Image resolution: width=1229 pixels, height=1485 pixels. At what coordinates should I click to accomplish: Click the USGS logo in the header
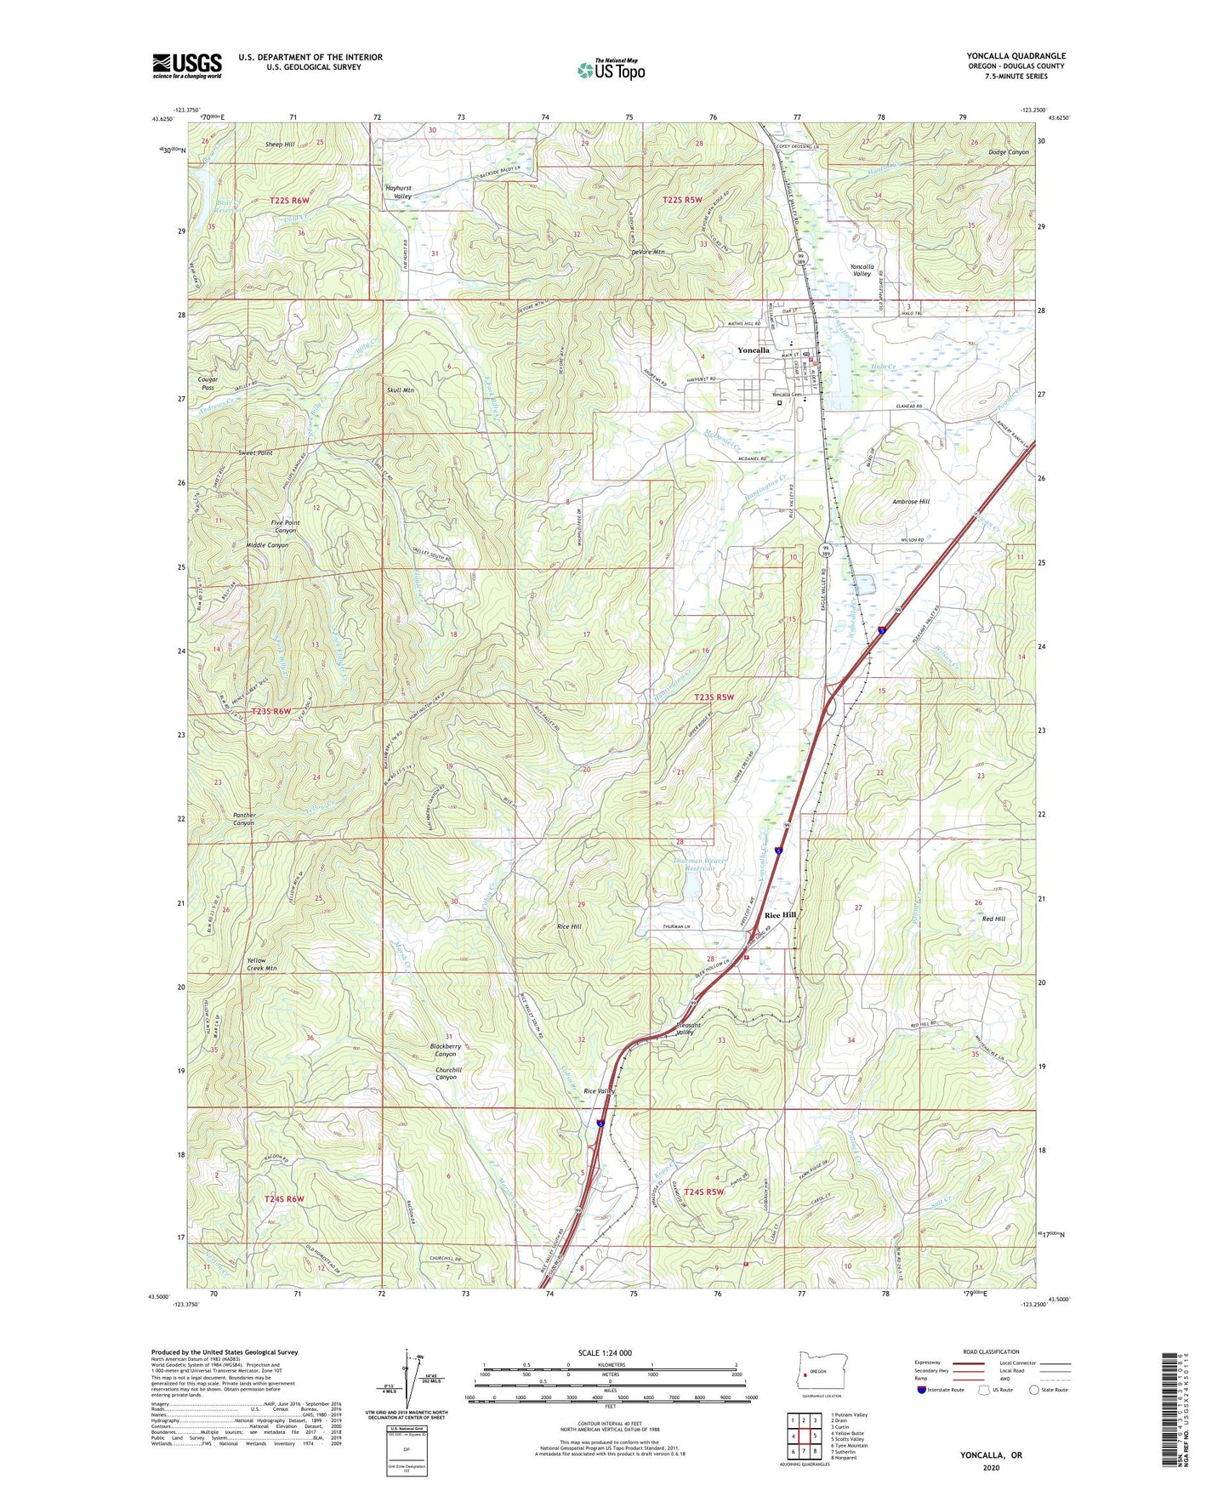pyautogui.click(x=186, y=65)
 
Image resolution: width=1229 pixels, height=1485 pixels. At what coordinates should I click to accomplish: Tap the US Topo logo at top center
pyautogui.click(x=610, y=70)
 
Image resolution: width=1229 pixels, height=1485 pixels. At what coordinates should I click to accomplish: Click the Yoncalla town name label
pyautogui.click(x=753, y=350)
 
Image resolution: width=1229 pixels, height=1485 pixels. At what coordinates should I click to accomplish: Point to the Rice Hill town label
pyautogui.click(x=780, y=915)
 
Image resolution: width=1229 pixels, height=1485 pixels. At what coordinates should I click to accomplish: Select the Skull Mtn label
pyautogui.click(x=400, y=390)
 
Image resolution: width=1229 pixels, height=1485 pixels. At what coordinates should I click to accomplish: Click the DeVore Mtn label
pyautogui.click(x=647, y=253)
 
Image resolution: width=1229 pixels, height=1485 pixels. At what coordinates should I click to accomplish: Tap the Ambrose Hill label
pyautogui.click(x=910, y=502)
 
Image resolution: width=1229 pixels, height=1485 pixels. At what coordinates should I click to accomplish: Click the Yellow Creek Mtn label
pyautogui.click(x=261, y=964)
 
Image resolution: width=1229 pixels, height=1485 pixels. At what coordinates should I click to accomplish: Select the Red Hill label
pyautogui.click(x=993, y=919)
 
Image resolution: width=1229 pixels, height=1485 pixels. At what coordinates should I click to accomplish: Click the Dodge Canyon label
pyautogui.click(x=1009, y=152)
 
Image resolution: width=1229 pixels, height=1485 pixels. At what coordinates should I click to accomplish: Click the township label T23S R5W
pyautogui.click(x=714, y=697)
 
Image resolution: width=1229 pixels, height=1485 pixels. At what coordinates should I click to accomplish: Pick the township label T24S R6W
pyautogui.click(x=284, y=1199)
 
